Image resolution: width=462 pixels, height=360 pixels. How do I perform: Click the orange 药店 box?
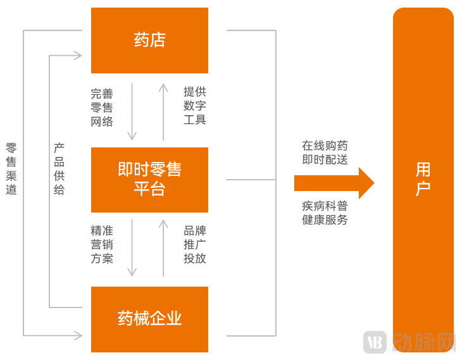point(149,40)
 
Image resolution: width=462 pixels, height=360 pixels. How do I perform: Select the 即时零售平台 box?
point(149,180)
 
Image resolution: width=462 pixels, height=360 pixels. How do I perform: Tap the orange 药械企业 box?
point(149,319)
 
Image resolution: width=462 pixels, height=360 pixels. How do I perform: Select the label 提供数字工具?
point(195,106)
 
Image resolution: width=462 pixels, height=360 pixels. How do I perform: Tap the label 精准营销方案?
point(102,245)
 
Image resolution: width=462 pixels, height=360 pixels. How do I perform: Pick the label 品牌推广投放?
point(195,245)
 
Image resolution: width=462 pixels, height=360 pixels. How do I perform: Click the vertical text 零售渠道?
point(11,168)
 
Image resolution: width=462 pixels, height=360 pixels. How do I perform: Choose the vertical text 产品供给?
point(59,168)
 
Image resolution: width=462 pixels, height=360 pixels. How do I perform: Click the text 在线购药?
point(325,146)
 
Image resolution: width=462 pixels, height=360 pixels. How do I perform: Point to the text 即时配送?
point(325,159)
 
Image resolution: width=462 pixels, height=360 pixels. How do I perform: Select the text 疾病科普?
point(325,206)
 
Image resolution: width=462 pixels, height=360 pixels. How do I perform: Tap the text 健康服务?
point(325,220)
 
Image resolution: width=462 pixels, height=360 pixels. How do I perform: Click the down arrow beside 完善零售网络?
point(132,111)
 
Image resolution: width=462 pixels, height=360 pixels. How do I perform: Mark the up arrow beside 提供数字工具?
point(163,111)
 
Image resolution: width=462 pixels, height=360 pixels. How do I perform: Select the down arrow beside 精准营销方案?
point(132,247)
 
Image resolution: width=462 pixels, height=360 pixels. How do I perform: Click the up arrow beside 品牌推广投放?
point(163,247)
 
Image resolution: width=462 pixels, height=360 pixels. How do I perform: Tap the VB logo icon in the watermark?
point(375,342)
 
